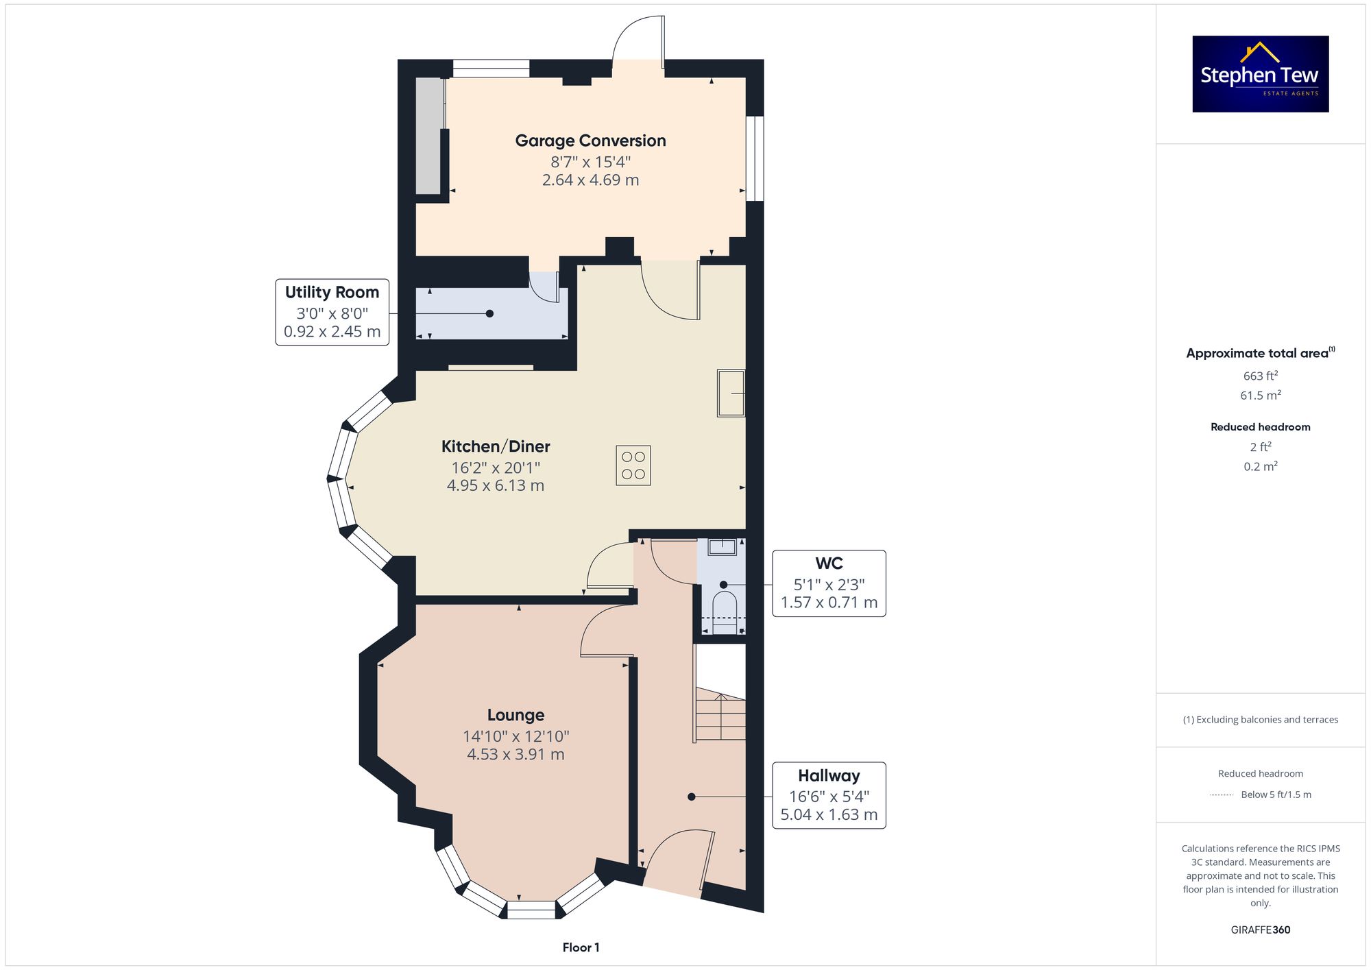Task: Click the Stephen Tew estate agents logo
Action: point(1261,74)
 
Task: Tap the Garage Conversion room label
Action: point(590,141)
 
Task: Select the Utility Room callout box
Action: point(332,312)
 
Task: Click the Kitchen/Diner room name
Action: point(496,446)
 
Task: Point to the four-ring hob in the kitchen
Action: point(633,465)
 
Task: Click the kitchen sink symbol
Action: point(731,393)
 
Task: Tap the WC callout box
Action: point(829,583)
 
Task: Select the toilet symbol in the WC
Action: point(725,613)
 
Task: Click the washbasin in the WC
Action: point(723,547)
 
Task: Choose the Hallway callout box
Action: point(829,795)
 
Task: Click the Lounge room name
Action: point(515,715)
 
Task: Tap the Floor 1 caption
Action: point(581,947)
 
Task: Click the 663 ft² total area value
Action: point(1261,376)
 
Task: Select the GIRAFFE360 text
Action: point(1261,930)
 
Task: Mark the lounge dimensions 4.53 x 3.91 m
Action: point(515,755)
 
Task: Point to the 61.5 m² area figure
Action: point(1261,396)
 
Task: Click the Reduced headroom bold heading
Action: point(1261,427)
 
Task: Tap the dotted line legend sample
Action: point(1222,795)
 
